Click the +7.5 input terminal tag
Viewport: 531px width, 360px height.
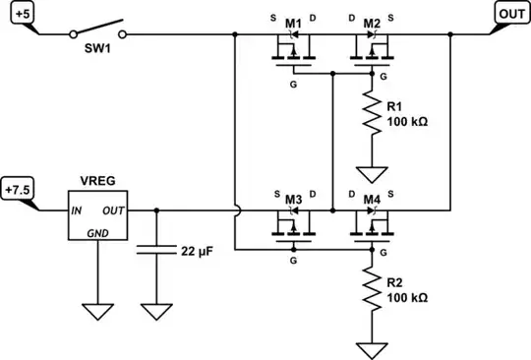coord(19,189)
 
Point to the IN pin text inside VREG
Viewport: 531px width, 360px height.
coord(75,210)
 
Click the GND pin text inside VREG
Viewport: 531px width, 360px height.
coord(96,234)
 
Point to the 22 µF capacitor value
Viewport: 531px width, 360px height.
coord(200,251)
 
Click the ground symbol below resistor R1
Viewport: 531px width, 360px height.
coord(371,175)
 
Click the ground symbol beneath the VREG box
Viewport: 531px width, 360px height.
coord(96,312)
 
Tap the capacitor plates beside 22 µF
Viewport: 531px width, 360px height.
coord(154,251)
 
